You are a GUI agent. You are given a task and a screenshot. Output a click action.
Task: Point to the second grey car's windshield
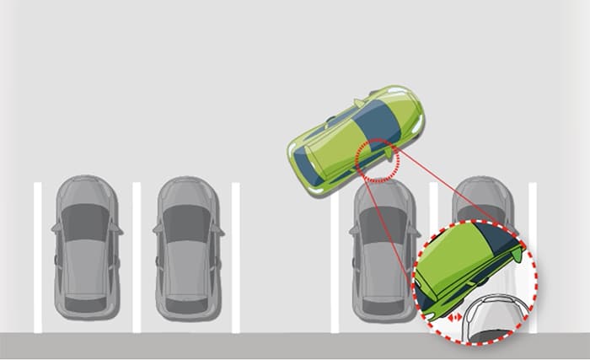click(186, 221)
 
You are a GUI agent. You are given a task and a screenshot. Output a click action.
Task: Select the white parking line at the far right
click(532, 211)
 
